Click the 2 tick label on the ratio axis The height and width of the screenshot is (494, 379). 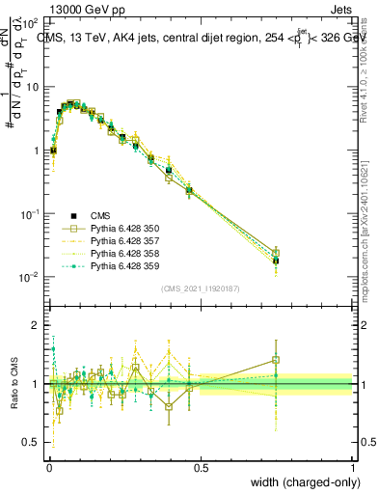tap(37, 325)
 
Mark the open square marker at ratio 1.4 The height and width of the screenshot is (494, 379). tap(276, 360)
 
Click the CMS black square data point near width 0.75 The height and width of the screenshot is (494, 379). tap(276, 261)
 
